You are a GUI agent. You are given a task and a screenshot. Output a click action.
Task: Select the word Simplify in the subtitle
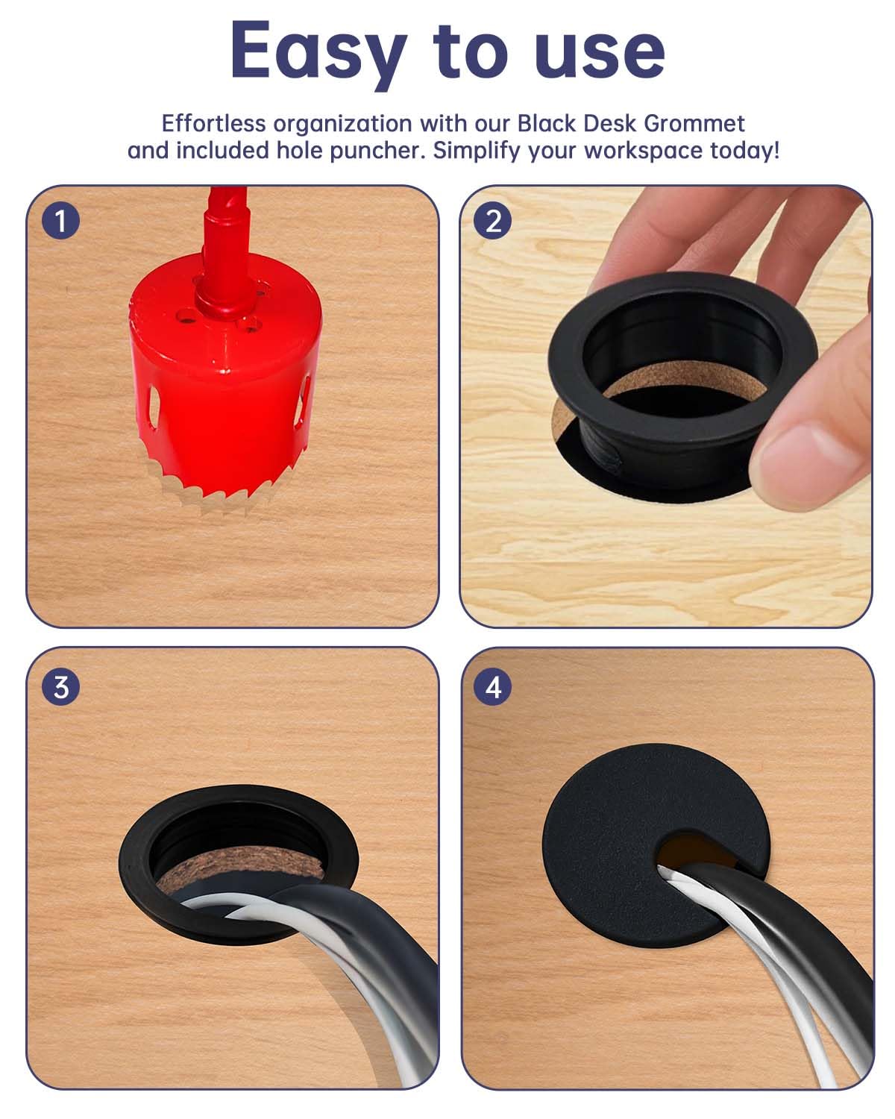477,151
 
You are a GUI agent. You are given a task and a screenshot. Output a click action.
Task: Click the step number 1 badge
60,221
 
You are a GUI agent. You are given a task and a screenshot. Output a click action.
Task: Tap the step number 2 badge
493,221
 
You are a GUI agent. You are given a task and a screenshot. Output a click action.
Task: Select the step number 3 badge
60,686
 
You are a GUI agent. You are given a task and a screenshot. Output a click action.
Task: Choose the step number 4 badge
493,686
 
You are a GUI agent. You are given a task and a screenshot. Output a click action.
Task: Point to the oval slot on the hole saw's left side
152,407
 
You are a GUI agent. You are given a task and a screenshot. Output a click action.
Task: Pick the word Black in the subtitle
548,123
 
